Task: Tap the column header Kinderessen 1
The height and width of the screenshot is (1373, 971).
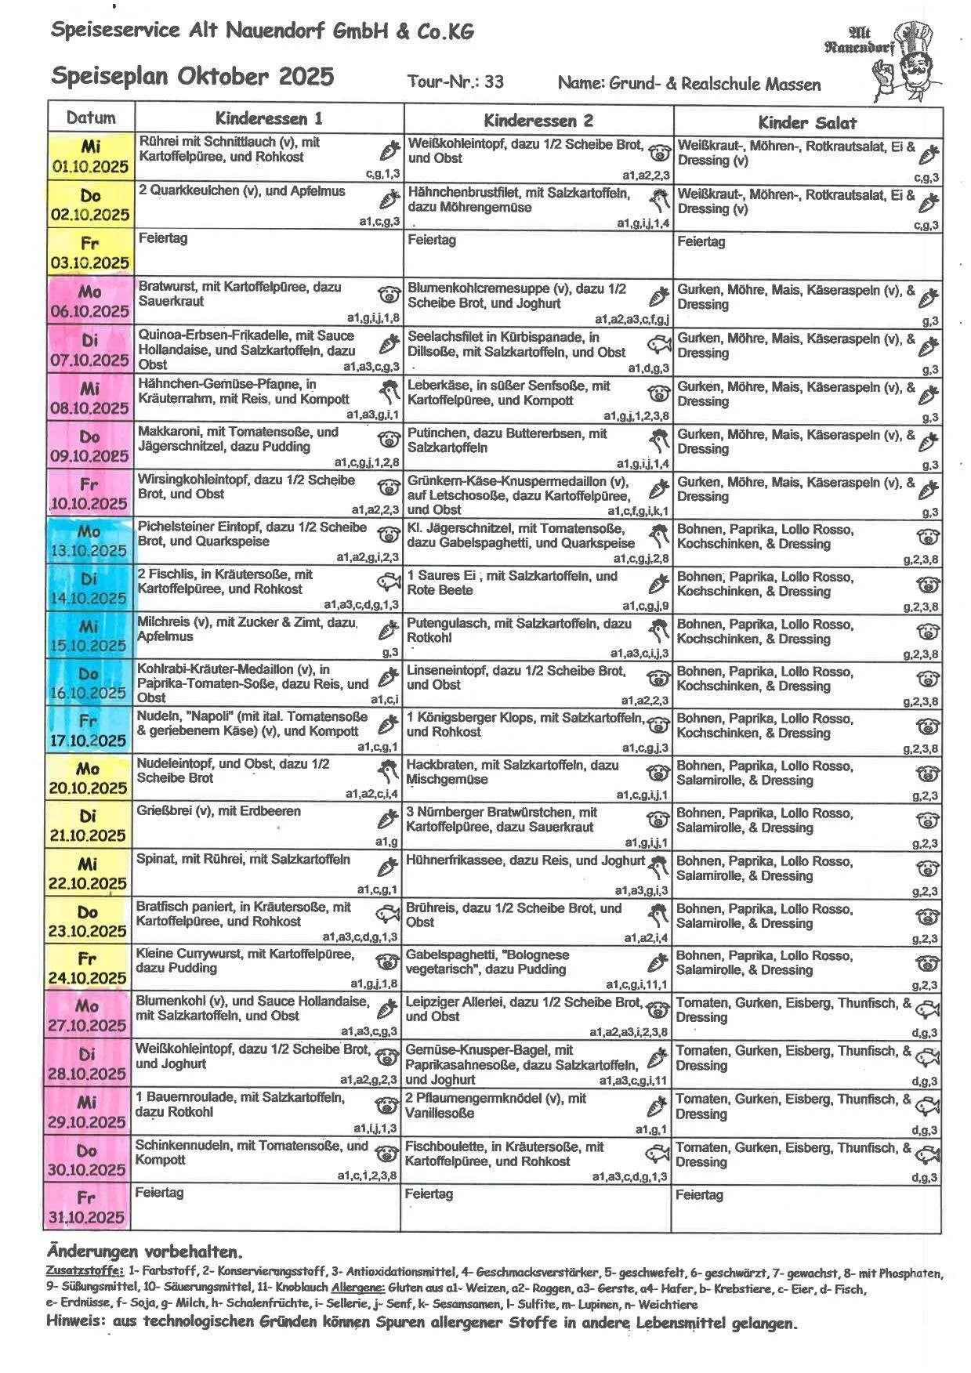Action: point(269,119)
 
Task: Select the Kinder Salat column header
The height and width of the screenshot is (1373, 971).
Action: point(806,122)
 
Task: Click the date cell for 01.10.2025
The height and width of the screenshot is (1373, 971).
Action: point(90,157)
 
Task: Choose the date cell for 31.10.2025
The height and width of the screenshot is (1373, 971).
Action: point(88,1208)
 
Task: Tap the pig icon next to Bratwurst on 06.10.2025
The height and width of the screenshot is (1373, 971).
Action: point(388,295)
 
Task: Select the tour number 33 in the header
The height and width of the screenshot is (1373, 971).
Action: point(495,82)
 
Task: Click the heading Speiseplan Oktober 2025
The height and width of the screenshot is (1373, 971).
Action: point(193,77)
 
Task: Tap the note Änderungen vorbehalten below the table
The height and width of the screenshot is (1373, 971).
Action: point(144,1251)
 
